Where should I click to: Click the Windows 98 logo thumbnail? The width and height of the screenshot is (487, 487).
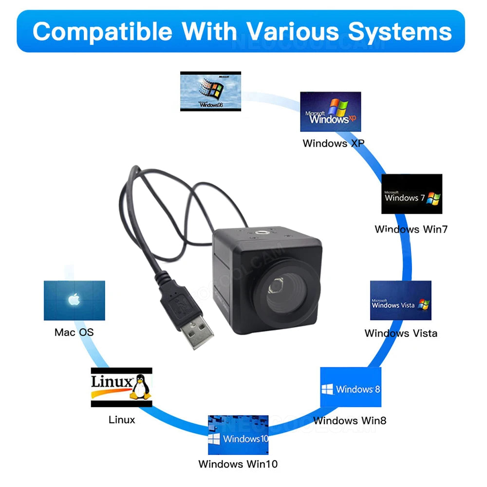pos(210,91)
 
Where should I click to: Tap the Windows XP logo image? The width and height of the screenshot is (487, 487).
pos(330,112)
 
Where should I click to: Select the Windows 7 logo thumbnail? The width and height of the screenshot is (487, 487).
pos(412,193)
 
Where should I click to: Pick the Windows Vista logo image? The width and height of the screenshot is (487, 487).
pos(400,300)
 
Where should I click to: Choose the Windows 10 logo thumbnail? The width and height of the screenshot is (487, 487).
pos(238,434)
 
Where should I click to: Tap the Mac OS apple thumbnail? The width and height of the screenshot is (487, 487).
pos(74,300)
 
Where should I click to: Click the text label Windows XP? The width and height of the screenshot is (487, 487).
pos(333,143)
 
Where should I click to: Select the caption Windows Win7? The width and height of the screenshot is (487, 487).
pos(411,229)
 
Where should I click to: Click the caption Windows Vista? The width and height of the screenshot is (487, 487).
pos(401,333)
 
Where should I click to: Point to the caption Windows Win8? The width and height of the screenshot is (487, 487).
pos(350,420)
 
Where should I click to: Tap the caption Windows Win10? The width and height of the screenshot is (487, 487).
pos(238,464)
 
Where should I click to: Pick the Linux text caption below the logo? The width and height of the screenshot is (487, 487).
pos(122,419)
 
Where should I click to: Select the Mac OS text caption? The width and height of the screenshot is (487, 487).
pos(74,332)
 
